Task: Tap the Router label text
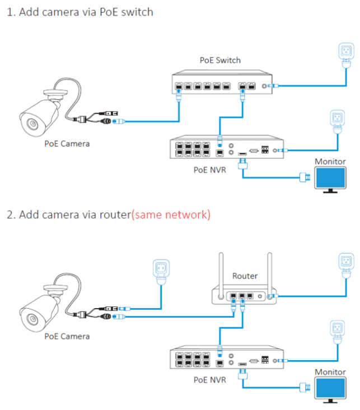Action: coord(245,276)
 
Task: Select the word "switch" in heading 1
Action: coord(138,12)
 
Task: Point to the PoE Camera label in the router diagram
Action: coord(67,336)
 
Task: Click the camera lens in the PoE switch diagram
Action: coord(31,124)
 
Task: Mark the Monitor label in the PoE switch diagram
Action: coord(330,162)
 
